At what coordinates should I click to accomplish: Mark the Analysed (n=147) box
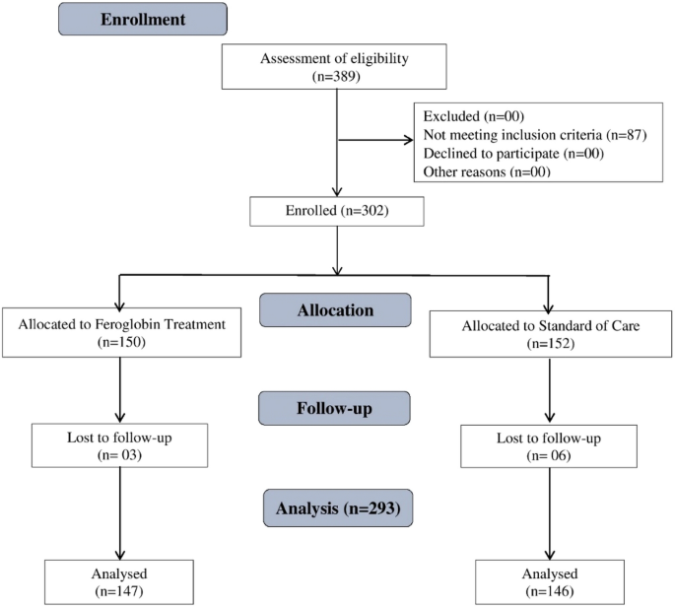point(119,580)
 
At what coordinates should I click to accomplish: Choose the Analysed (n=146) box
point(549,580)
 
